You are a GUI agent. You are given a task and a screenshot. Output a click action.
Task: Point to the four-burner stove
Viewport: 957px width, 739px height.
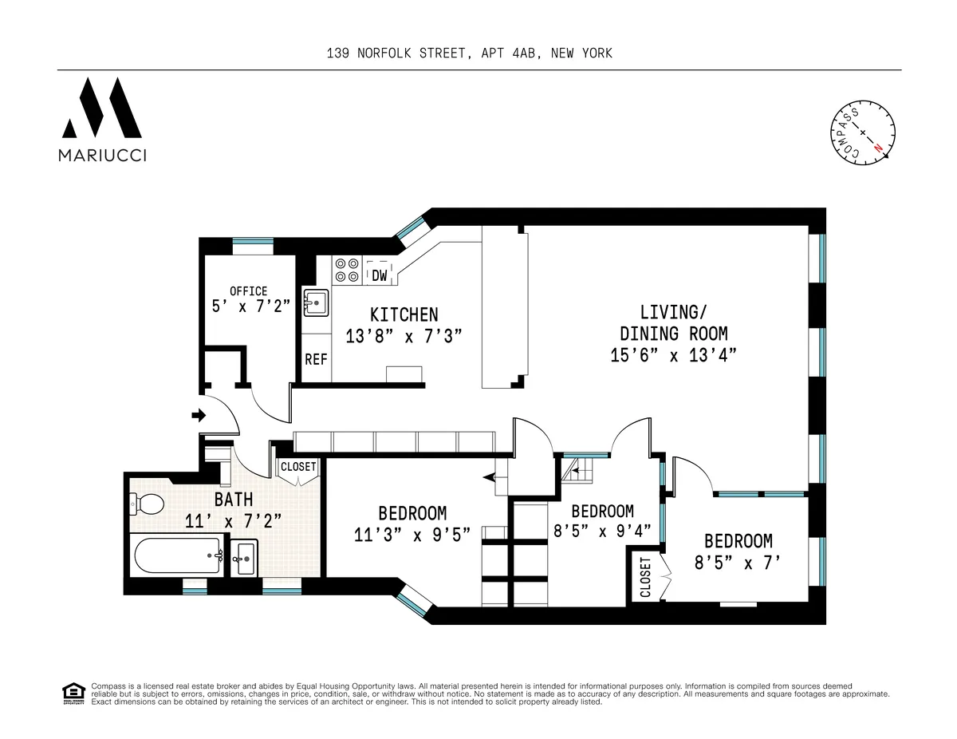click(346, 270)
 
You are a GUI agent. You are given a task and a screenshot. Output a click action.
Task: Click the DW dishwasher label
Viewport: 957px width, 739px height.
click(380, 275)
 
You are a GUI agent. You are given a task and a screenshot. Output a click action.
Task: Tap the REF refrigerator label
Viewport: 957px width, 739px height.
click(316, 359)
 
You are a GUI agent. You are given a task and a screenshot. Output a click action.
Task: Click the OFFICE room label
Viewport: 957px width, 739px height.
click(249, 291)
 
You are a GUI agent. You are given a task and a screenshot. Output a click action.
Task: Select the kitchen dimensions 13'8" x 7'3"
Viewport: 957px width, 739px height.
click(404, 336)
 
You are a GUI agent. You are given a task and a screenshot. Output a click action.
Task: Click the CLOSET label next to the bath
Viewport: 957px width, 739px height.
click(298, 467)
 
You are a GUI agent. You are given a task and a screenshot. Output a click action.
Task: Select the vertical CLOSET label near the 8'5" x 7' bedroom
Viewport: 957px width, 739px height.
click(644, 577)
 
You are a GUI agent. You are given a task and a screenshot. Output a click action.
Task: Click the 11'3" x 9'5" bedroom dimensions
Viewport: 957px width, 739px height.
click(412, 535)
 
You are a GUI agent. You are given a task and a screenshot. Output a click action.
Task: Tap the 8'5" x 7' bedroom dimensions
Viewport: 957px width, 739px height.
click(737, 563)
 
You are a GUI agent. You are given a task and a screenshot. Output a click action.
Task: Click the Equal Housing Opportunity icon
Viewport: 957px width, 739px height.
click(73, 693)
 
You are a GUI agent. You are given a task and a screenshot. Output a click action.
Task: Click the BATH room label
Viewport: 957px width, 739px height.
click(233, 500)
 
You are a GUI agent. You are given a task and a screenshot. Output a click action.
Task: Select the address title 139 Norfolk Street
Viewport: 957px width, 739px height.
click(469, 53)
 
